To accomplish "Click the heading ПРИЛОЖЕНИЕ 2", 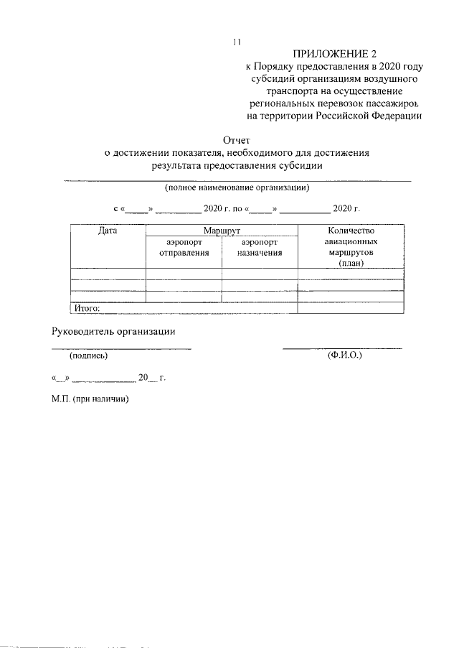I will click(x=334, y=54).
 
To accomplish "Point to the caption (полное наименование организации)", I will click(x=237, y=188).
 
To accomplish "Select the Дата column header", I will click(x=108, y=231).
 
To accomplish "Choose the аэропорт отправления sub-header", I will click(x=184, y=248).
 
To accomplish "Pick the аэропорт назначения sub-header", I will click(x=260, y=248).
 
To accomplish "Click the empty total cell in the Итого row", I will click(x=351, y=309).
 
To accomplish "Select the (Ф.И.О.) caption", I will click(x=344, y=356).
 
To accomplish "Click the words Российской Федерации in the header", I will click(x=371, y=115).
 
